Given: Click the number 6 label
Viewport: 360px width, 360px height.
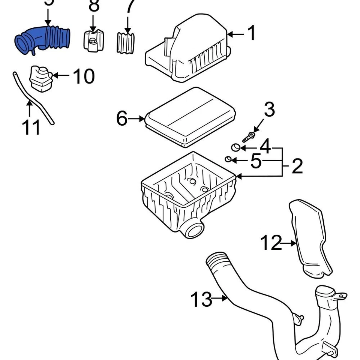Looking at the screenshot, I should click(122, 118).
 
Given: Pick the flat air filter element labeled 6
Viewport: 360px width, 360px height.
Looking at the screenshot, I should click(189, 116).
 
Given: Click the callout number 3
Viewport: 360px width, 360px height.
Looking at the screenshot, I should click(269, 109).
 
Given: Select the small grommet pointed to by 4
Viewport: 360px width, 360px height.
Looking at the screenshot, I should click(235, 147).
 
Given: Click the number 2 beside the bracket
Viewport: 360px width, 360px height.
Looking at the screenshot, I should click(297, 166).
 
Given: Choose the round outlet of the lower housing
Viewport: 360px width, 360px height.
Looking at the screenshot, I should click(193, 228).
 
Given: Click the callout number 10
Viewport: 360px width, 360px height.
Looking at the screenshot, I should click(83, 76).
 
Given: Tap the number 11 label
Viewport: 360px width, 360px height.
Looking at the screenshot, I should click(31, 127).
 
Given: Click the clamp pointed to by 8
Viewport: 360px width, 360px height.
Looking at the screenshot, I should click(93, 40).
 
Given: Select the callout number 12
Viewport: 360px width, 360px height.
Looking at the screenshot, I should click(271, 243).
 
